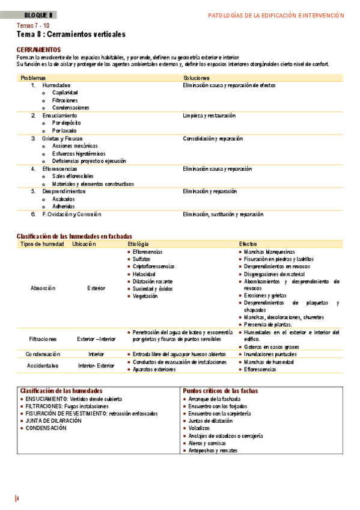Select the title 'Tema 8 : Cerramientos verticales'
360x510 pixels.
(72, 35)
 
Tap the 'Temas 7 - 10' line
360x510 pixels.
(33, 26)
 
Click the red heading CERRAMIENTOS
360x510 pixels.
(39, 49)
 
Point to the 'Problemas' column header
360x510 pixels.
(33, 78)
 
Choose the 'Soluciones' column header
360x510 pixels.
(197, 78)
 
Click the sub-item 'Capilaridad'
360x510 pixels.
(65, 93)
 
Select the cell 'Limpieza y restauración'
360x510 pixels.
(209, 115)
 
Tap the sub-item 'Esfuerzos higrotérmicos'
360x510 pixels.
(78, 153)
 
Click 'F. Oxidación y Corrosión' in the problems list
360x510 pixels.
(72, 214)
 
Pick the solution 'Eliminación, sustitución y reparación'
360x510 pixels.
(223, 214)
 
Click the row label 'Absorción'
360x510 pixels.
(43, 288)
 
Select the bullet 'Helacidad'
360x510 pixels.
(145, 274)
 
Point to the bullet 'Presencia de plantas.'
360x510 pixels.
(268, 324)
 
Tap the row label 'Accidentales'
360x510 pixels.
(42, 365)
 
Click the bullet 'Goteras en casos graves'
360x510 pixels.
(271, 347)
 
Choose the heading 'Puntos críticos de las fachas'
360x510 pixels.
(220, 390)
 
